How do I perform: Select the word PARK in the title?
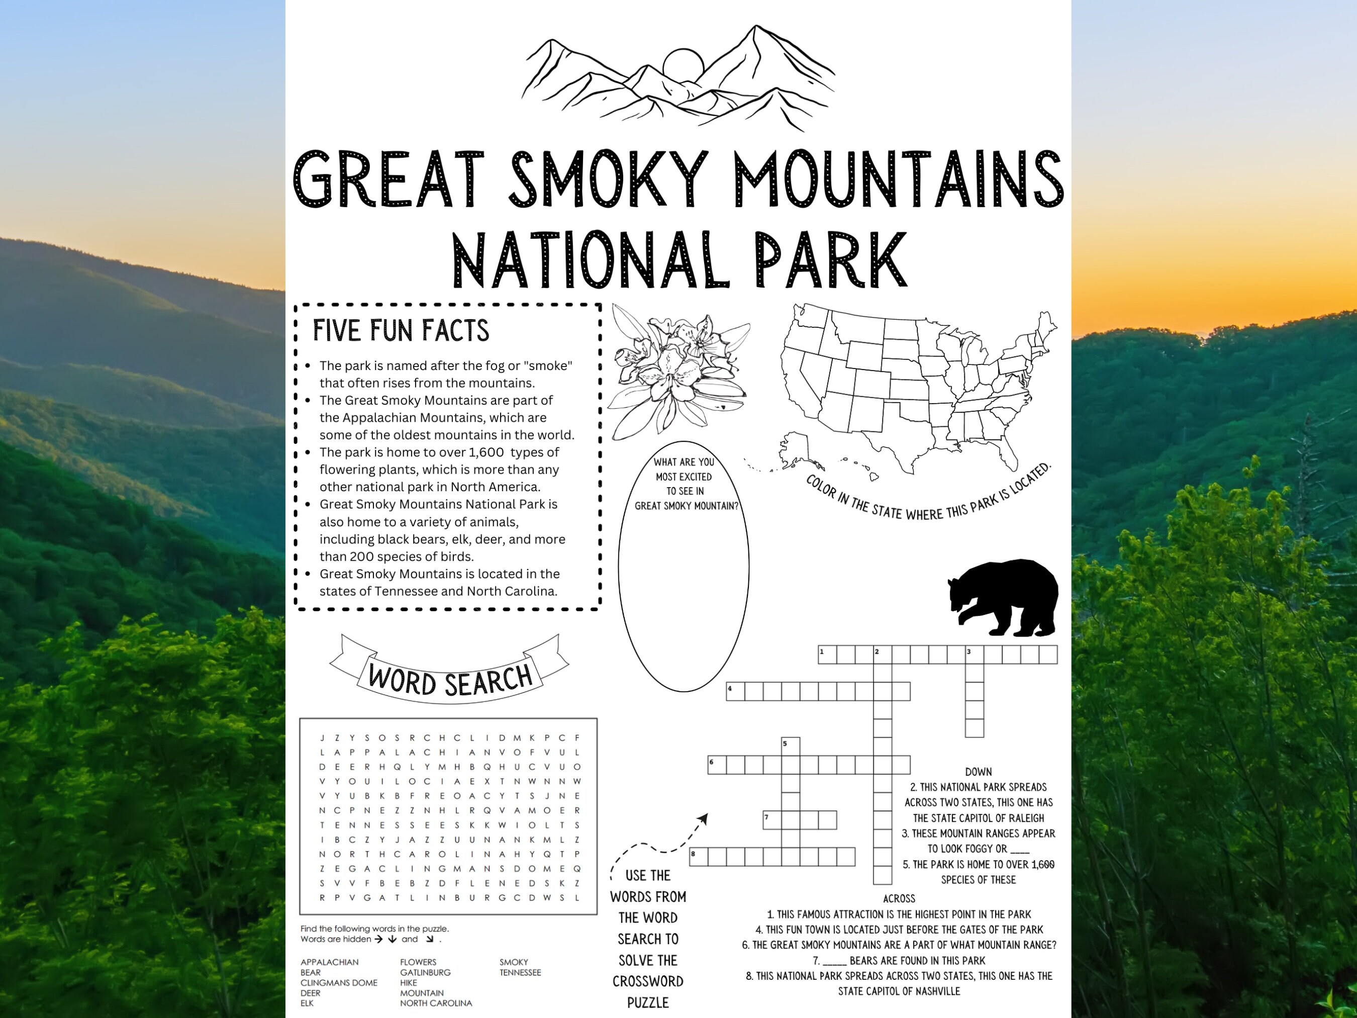pos(831,259)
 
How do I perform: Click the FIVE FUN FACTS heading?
pos(401,330)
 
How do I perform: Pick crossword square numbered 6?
pos(717,765)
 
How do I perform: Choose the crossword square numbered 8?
pos(698,857)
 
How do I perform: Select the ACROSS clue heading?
pos(899,898)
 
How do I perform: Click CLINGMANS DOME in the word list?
pos(339,982)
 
